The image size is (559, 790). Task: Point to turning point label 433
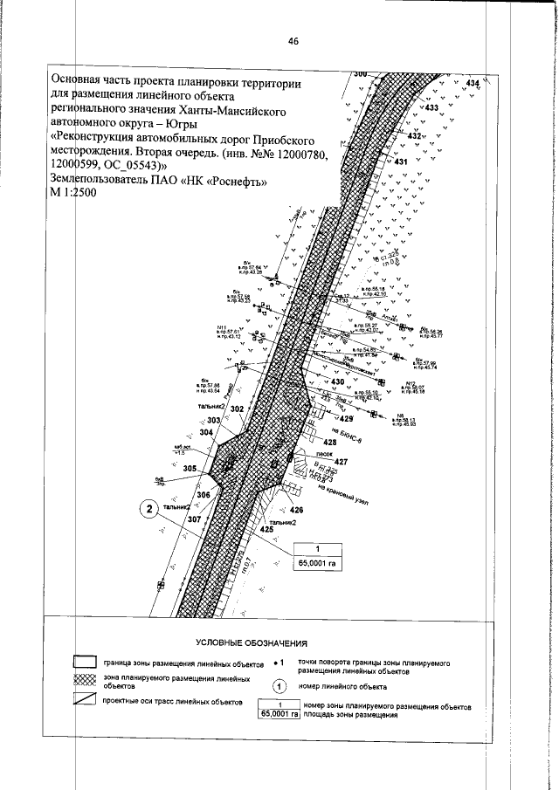[431, 108]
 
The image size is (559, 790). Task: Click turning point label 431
[402, 162]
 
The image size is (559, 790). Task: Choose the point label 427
[342, 461]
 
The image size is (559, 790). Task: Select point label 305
[190, 469]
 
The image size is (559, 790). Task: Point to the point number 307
[194, 519]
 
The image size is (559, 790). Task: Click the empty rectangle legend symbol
[84, 661]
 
